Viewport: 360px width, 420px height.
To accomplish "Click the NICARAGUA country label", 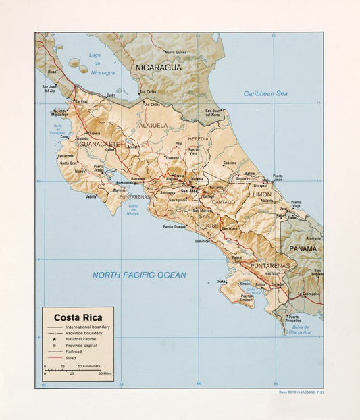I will click(x=158, y=68).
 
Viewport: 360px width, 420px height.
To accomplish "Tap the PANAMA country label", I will click(x=303, y=248).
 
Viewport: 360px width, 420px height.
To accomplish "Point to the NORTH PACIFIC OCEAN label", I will click(x=139, y=275).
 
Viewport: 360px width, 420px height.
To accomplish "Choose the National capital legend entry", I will click(x=81, y=339).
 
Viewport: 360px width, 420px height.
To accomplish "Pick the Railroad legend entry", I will click(x=74, y=352).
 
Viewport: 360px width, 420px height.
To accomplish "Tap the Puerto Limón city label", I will click(x=278, y=178).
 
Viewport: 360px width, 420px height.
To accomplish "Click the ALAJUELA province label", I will click(x=153, y=125).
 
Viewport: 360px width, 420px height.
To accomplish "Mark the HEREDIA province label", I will click(x=199, y=138).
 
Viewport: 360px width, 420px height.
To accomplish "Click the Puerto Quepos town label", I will click(x=174, y=226).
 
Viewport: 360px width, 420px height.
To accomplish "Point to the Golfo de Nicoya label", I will click(x=134, y=209).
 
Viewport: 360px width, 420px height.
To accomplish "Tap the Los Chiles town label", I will click(x=151, y=105).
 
